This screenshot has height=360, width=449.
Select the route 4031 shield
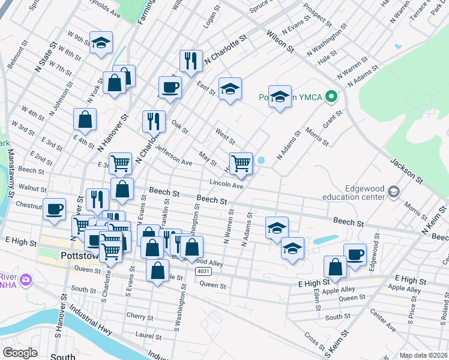202,272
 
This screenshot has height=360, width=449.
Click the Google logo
20,352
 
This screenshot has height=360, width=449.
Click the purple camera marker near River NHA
26,280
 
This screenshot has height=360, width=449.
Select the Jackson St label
403,170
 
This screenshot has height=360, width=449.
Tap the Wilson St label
280,41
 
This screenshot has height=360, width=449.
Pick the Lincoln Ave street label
226,184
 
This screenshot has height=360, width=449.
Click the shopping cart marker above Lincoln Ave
241,163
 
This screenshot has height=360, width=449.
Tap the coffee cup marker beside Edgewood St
355,254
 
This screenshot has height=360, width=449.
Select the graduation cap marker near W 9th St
101,43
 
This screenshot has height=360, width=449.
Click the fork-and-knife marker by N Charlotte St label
190,60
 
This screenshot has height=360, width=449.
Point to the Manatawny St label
10,173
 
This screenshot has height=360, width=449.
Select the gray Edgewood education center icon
394,191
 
